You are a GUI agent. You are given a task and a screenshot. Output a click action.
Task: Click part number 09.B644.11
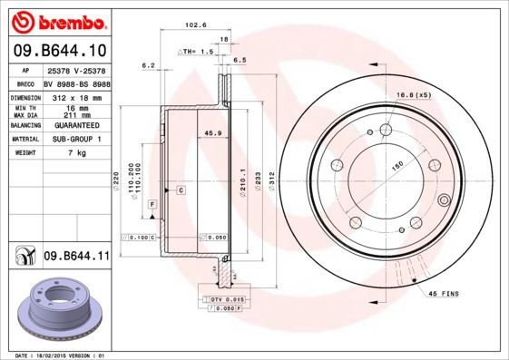[76, 258]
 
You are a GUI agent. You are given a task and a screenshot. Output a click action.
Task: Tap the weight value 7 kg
[77, 153]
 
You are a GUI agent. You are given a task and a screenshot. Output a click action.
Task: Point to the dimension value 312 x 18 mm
[77, 95]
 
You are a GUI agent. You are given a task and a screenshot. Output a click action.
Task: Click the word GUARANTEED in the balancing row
[77, 125]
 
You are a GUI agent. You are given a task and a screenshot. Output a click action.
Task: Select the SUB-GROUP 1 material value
[77, 139]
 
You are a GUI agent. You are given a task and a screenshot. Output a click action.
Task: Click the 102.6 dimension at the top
[193, 25]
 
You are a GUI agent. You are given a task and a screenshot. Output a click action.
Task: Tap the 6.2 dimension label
[149, 65]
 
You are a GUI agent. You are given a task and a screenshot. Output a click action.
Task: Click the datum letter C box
[181, 190]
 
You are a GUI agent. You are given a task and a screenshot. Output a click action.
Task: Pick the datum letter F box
[152, 205]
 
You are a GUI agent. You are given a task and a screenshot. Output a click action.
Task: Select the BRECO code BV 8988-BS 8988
[77, 82]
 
